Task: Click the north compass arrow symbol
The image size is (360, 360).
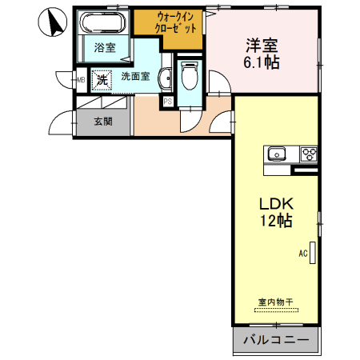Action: click(53, 22)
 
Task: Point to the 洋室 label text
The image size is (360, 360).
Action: click(262, 43)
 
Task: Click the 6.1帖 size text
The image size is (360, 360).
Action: click(262, 62)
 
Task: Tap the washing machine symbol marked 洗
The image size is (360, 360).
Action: click(102, 80)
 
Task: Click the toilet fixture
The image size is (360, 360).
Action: click(190, 78)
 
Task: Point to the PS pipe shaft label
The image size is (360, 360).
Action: click(168, 102)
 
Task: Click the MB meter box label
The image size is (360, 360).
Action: click(82, 80)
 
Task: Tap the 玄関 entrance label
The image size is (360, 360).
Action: click(102, 122)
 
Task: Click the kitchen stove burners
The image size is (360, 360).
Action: click(308, 154)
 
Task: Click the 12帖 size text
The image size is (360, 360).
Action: click(274, 221)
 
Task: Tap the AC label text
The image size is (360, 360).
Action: click(303, 254)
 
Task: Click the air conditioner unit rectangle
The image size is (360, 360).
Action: click(313, 254)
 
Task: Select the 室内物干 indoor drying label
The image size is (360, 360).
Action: click(275, 302)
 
